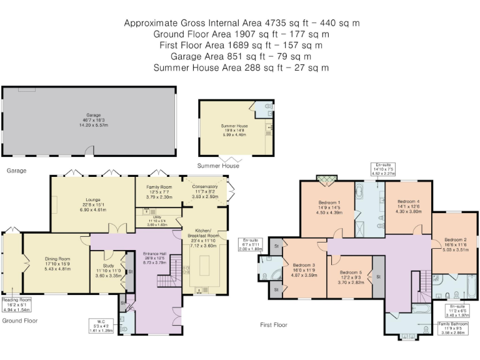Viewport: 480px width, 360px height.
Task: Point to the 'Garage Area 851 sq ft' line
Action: click(x=241, y=56)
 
